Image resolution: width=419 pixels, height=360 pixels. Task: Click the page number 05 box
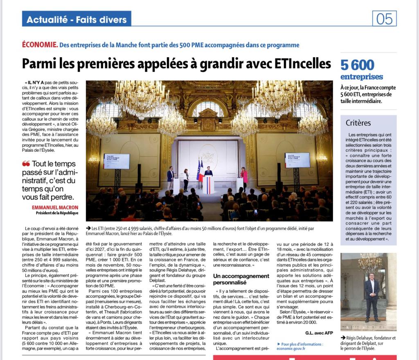pos(384,18)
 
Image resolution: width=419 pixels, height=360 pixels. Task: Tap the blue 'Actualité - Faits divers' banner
pos(77,19)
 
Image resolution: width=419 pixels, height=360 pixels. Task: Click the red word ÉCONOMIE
pos(40,45)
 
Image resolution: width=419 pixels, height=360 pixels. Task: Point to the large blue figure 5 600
pos(357,65)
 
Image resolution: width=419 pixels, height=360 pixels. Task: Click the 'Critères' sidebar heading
pos(358,123)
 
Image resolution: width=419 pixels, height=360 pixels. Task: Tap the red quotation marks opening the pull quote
pos(26,164)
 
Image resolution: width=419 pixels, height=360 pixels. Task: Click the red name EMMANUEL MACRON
pos(55,207)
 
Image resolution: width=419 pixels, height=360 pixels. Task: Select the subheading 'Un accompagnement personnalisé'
pos(241,279)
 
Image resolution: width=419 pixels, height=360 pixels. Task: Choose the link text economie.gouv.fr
pos(291,349)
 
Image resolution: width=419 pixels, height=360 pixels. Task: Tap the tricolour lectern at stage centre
pos(208,184)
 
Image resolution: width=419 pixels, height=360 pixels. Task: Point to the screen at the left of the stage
pos(116,161)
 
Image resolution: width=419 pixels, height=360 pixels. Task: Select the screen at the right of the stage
pos(297,160)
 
